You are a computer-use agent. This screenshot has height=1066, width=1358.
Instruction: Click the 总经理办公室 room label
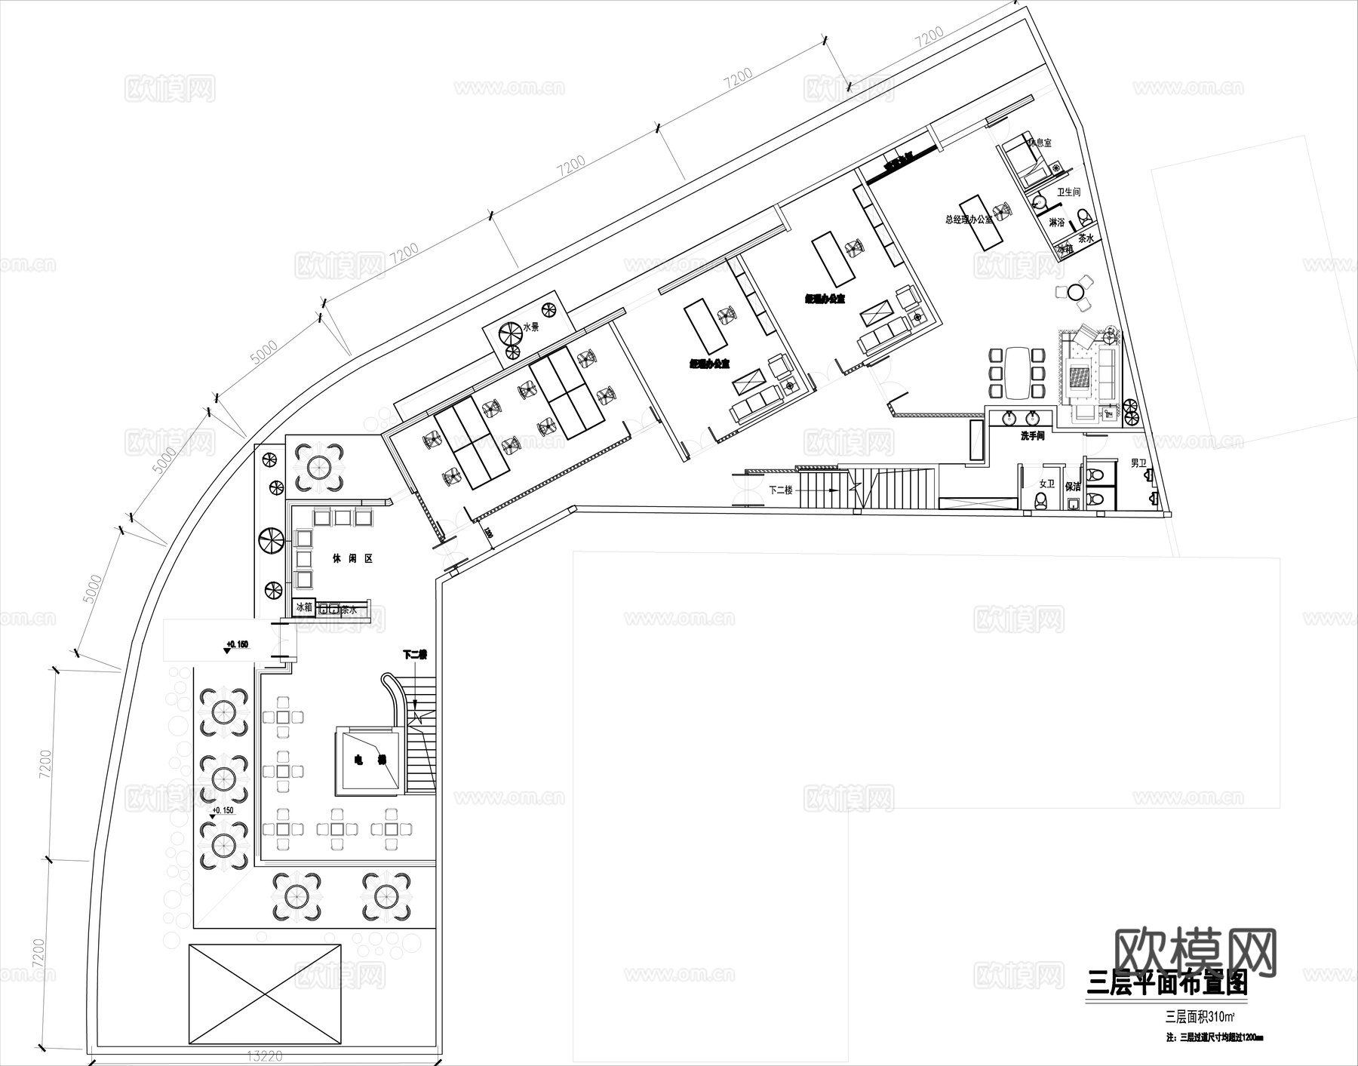pos(969,220)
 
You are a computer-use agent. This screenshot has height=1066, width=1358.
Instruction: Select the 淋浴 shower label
pos(1057,223)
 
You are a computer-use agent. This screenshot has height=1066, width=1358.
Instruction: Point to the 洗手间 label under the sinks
pos(1031,436)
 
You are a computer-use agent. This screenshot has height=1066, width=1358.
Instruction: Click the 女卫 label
pos(1046,484)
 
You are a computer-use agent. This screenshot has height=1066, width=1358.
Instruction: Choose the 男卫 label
pos(1138,463)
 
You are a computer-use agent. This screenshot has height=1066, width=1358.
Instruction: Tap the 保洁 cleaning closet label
pos(1073,487)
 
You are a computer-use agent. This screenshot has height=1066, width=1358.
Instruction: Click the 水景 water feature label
pos(531,327)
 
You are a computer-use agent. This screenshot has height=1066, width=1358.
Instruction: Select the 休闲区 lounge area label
pos(353,559)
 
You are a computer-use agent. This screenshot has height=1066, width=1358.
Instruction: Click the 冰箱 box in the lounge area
pos(304,607)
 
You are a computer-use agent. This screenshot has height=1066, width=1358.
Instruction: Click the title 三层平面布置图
pos(1166,984)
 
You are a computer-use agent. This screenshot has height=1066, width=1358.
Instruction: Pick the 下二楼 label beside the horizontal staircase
pos(781,490)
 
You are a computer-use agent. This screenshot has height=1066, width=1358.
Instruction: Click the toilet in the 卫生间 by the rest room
pos(1084,217)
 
